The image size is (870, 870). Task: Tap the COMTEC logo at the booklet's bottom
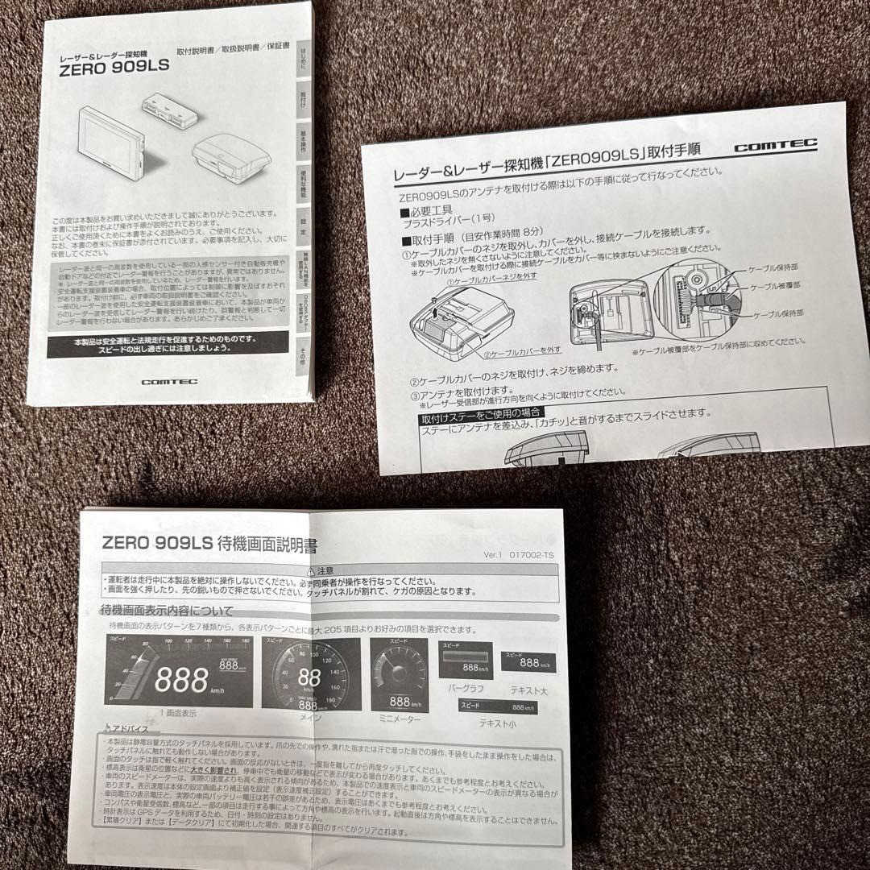pos(164,382)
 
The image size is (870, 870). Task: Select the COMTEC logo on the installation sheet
pos(775,145)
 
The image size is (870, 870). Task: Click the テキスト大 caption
pos(528,690)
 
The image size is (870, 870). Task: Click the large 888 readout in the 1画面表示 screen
pos(182,681)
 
